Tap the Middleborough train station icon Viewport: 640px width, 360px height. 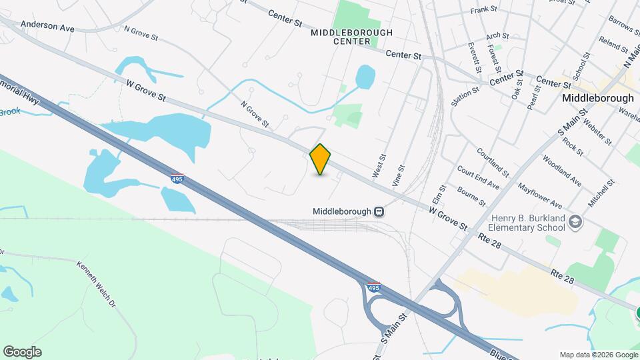(x=379, y=211)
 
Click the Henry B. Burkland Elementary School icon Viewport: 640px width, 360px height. (x=575, y=222)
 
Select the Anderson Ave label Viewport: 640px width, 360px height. (x=47, y=25)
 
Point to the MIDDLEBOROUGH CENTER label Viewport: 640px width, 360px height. (x=351, y=37)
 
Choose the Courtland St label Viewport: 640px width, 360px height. (x=493, y=163)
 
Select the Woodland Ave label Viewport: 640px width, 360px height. (x=562, y=171)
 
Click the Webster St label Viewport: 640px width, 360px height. (x=597, y=131)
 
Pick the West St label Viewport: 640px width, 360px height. (x=379, y=167)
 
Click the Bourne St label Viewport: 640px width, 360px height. (x=471, y=196)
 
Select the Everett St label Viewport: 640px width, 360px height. (x=475, y=58)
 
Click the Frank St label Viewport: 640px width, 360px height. (x=484, y=10)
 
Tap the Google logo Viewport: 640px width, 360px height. (x=22, y=352)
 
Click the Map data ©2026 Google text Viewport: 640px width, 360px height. (x=598, y=355)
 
